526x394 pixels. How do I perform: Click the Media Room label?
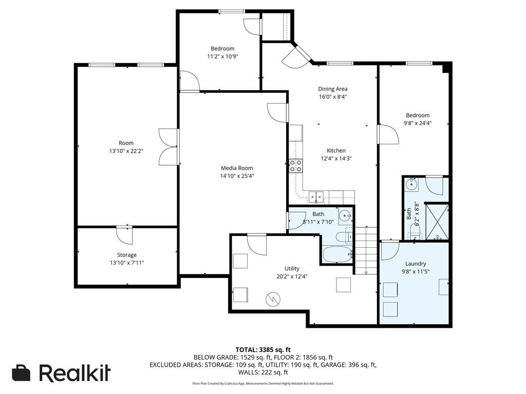point(237,168)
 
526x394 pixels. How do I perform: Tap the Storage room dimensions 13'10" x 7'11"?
point(126,263)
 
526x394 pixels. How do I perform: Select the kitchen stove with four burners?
point(295,165)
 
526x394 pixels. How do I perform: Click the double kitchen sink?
point(315,196)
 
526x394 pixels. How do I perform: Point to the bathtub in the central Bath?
point(337,254)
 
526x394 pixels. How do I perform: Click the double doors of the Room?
point(168,147)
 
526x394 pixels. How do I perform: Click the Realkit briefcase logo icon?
point(21,373)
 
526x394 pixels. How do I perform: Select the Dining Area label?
point(332,89)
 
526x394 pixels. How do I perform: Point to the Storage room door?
point(124,234)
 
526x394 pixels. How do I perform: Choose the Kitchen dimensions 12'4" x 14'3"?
point(336,159)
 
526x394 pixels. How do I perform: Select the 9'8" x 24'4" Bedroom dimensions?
point(417,123)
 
